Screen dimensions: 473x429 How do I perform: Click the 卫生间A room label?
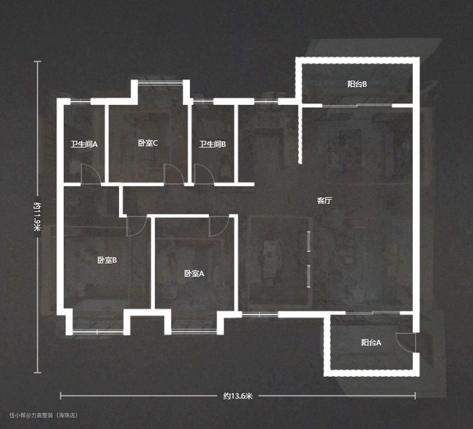click(84, 144)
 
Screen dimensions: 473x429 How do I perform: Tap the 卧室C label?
click(148, 143)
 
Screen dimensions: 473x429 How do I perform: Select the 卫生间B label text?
click(213, 144)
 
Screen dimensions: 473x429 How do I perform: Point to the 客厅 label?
click(325, 200)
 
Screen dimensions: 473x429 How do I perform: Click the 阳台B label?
click(357, 84)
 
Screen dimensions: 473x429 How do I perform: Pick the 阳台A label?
click(371, 342)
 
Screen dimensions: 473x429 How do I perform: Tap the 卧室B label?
click(107, 260)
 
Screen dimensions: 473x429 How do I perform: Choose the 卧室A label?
click(194, 274)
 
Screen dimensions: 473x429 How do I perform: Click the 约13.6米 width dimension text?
click(237, 396)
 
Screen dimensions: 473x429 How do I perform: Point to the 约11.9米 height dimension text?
click(38, 217)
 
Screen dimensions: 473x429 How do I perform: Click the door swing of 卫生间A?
click(91, 174)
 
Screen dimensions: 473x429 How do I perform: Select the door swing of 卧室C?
click(174, 174)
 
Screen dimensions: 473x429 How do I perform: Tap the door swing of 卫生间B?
click(204, 174)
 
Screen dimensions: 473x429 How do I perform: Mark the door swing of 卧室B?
click(137, 226)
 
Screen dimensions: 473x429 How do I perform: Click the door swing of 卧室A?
click(219, 226)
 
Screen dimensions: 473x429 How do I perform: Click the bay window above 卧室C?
click(160, 83)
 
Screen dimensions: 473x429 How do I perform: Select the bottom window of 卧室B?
click(98, 332)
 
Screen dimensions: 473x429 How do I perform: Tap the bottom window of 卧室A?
click(194, 332)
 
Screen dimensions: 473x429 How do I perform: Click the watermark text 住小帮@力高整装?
click(30, 415)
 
